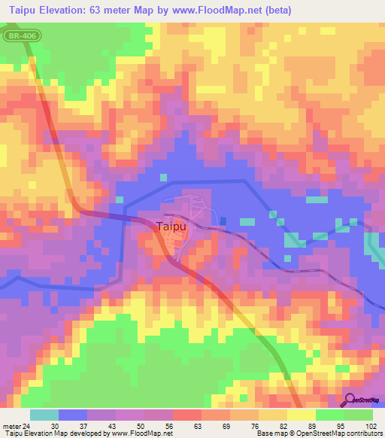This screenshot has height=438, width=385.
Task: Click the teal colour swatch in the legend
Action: pos(44,415)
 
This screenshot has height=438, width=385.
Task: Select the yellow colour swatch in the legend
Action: pos(302,415)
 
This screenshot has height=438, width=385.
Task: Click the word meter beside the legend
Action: pos(12,425)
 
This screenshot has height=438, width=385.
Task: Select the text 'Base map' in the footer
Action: pos(270,433)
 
